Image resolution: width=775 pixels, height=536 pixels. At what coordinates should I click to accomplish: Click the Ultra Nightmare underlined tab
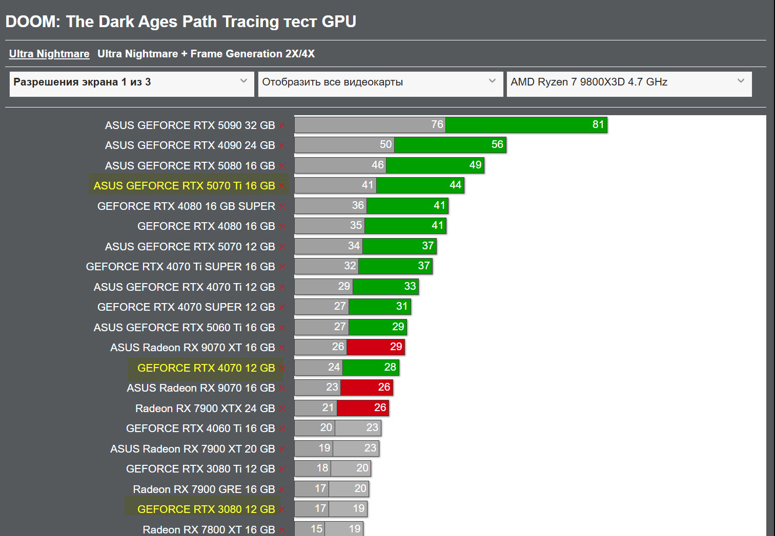click(49, 54)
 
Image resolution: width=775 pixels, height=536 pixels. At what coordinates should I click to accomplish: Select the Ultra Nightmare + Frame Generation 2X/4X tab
click(206, 54)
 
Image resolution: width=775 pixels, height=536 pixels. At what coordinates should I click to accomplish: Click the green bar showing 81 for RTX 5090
click(526, 124)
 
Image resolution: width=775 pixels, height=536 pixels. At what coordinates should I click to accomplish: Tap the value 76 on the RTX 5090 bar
click(437, 124)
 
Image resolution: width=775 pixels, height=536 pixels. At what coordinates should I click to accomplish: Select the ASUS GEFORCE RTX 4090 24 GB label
click(190, 145)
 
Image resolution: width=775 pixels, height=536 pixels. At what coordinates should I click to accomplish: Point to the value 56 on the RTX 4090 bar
click(497, 144)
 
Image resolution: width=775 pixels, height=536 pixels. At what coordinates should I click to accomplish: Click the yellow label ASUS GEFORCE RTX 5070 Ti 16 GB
click(185, 186)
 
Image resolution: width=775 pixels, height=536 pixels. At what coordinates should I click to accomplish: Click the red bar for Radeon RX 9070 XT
click(376, 347)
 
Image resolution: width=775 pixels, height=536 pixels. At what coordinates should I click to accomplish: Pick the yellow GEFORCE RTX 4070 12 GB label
click(206, 368)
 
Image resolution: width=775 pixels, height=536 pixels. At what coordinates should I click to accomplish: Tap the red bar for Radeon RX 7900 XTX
click(362, 408)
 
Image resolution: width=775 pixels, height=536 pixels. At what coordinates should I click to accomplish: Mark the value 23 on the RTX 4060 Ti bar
click(372, 427)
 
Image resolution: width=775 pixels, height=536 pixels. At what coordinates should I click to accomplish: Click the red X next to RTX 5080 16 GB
click(282, 166)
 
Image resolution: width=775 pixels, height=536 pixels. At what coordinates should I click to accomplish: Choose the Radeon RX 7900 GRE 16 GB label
click(204, 489)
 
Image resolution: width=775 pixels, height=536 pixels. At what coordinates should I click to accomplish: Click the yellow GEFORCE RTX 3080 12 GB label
click(206, 509)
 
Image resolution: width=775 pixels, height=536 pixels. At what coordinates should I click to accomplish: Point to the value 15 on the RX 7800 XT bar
click(316, 528)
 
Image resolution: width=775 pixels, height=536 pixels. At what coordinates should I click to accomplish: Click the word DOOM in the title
click(31, 22)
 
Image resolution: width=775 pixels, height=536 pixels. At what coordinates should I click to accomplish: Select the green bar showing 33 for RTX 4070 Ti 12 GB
click(385, 286)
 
